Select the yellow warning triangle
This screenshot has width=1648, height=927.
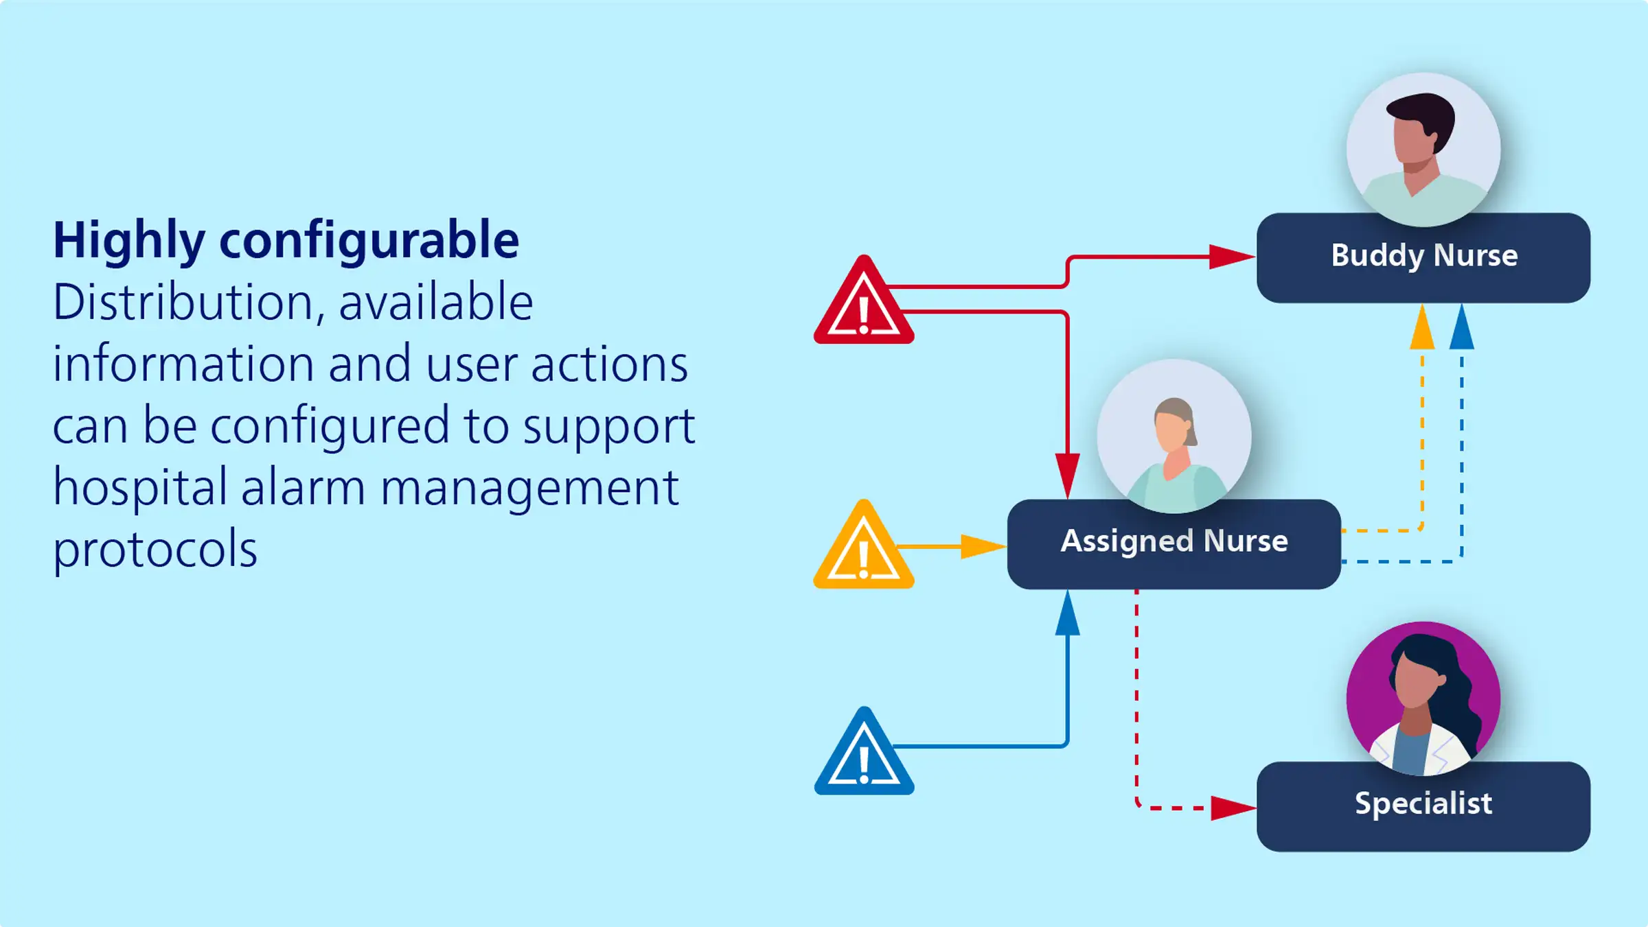pos(864,546)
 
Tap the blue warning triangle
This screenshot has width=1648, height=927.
pos(864,753)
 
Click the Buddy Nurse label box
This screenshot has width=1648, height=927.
pos(1423,257)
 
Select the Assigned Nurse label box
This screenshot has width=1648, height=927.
pos(1174,543)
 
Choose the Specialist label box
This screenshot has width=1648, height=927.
pos(1423,806)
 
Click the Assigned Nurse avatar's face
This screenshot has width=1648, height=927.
pos(1172,431)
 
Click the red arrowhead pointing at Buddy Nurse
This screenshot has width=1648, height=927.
pos(1233,257)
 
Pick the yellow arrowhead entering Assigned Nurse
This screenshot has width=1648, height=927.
pos(984,547)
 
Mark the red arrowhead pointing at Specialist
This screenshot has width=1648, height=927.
pos(1234,808)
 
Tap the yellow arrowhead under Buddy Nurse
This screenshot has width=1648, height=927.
pos(1422,327)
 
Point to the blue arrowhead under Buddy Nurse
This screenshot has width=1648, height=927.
pos(1462,327)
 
